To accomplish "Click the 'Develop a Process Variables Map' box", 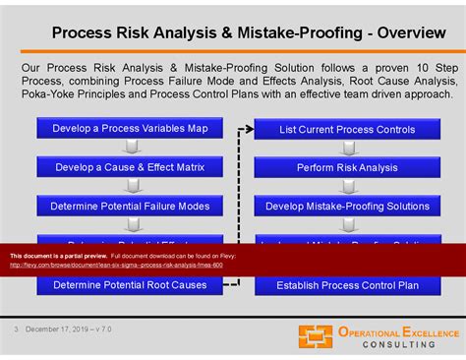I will click(x=130, y=127).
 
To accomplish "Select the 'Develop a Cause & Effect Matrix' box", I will click(x=130, y=166).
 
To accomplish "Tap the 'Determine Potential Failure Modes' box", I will click(x=130, y=206).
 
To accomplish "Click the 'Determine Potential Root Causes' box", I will click(x=130, y=284).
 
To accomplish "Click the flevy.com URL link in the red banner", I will click(x=116, y=265).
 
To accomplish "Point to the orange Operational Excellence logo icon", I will click(x=317, y=336).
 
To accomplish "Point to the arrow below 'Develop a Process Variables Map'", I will click(x=130, y=147).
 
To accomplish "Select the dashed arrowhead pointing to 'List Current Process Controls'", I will click(x=248, y=128).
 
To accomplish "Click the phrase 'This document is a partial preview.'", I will click(x=51, y=255).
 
